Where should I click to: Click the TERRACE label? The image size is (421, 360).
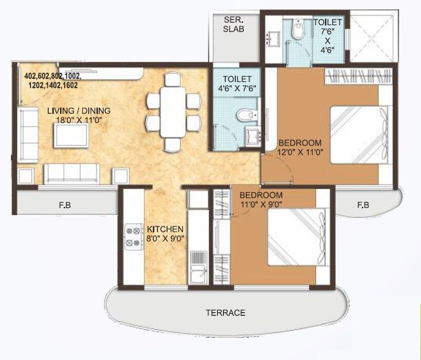[x=225, y=313]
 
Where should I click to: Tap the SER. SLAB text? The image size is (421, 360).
[x=233, y=24]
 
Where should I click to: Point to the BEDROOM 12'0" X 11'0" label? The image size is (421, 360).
[x=300, y=147]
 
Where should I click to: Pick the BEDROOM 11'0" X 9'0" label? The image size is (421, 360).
[x=261, y=200]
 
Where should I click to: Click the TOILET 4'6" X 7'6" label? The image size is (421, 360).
[x=236, y=83]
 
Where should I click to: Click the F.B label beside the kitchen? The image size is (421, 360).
[x=65, y=205]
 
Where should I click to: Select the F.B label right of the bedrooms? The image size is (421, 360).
[x=363, y=205]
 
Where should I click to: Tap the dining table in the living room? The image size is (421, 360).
[x=172, y=109]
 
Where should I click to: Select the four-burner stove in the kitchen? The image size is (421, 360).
[x=133, y=236]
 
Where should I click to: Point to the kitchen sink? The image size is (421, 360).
[x=197, y=273]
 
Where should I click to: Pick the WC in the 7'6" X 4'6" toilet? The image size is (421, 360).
[x=297, y=32]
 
